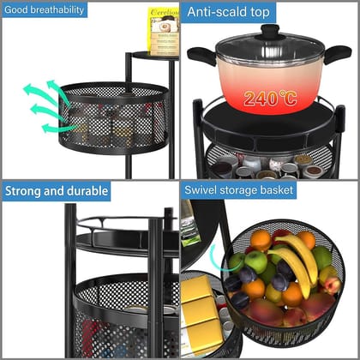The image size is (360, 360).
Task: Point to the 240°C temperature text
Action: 269,99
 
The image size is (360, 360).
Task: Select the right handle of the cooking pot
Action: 340,53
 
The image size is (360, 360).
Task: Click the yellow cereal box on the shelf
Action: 163,32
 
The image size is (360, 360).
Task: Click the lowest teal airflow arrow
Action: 58,128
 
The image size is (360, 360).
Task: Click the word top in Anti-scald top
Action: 260,12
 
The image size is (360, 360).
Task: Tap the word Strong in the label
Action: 25,191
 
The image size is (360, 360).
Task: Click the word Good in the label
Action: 17,9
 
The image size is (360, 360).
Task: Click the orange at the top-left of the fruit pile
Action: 261,240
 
